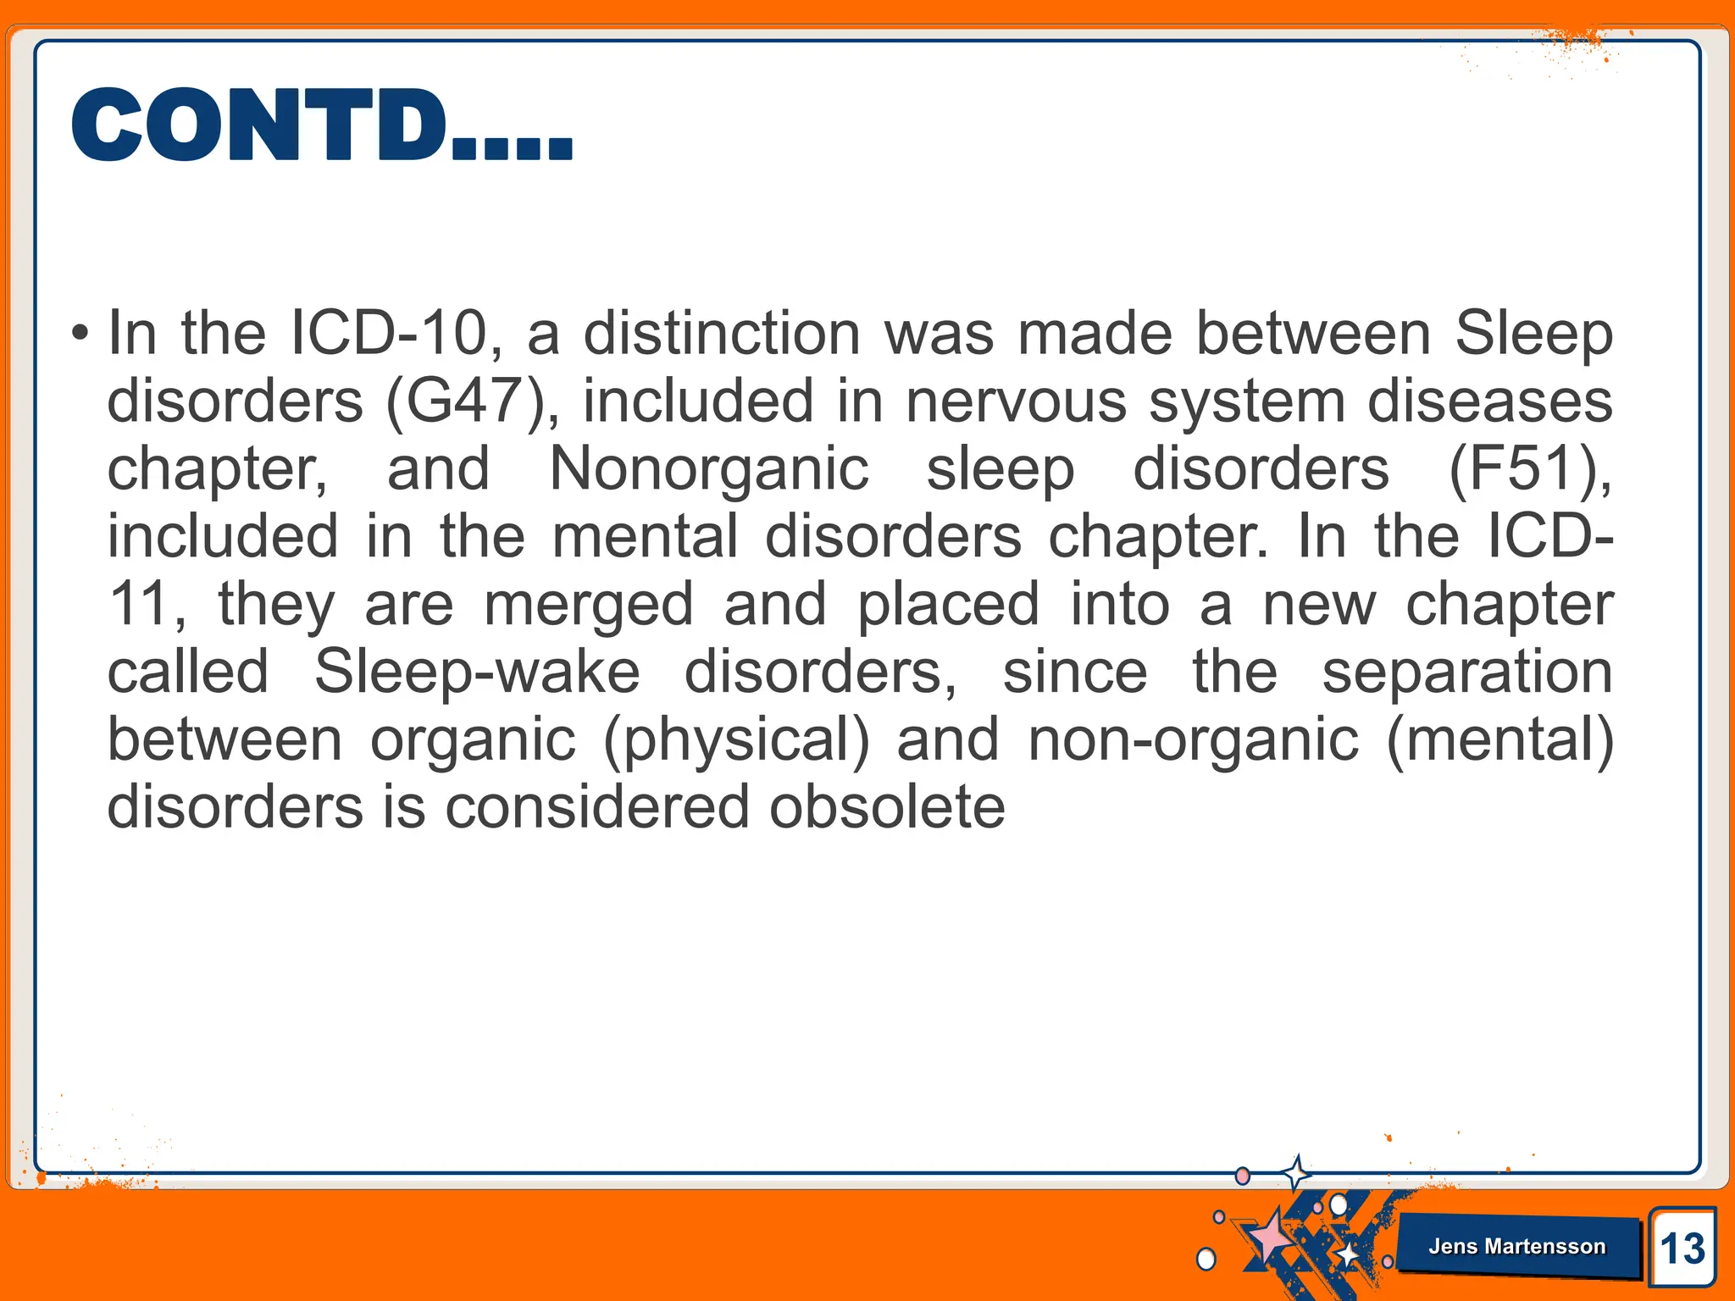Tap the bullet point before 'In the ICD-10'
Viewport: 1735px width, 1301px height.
(80, 333)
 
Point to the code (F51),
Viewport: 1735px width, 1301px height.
(1530, 468)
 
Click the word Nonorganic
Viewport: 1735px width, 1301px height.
(709, 468)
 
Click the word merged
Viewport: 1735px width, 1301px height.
(588, 604)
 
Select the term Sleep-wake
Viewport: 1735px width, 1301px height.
(477, 672)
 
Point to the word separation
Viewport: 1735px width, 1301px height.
(1466, 672)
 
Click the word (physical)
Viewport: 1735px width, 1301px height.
(736, 739)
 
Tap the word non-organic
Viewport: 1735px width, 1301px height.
(1193, 739)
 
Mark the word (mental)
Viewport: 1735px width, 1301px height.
(1499, 739)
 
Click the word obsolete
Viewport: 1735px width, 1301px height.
(887, 807)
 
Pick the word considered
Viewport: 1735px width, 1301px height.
(597, 807)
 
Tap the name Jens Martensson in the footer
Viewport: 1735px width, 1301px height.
(1516, 1246)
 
